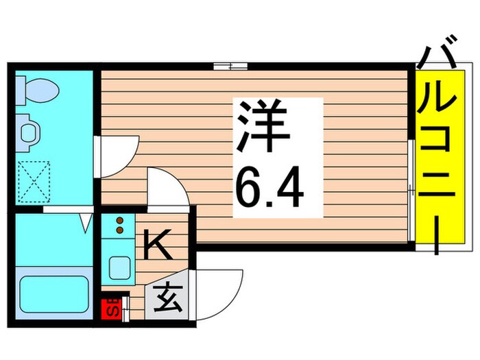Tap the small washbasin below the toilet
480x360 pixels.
pyautogui.click(x=28, y=130)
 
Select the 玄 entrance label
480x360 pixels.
pyautogui.click(x=165, y=300)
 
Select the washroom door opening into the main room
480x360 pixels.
pyautogui.click(x=120, y=154)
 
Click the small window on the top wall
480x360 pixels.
pyautogui.click(x=230, y=67)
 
